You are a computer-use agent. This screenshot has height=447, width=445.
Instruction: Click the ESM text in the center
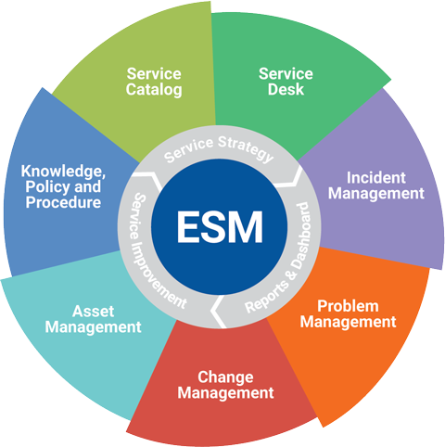coord(220,227)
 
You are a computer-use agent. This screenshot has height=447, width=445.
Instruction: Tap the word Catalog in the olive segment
coord(154,90)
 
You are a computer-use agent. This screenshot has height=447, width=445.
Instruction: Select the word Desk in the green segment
coord(286,89)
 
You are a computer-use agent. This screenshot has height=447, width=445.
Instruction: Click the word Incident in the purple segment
coord(375,178)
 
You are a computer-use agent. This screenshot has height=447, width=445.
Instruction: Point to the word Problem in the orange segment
coord(348,306)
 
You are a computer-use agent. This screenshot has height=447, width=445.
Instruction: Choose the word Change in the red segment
coord(225,377)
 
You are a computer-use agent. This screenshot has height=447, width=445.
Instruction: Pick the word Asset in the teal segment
coord(94,311)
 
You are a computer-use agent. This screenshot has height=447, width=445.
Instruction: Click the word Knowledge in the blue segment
coord(63,172)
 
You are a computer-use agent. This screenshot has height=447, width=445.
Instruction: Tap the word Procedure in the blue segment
coord(63,202)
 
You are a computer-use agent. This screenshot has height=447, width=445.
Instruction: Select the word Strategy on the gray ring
coord(247,148)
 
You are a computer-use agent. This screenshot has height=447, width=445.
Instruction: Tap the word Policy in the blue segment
coord(48,187)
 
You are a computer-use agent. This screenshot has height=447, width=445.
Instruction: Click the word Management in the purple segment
coord(376,194)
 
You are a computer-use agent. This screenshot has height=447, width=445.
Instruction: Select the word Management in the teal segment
coord(94,327)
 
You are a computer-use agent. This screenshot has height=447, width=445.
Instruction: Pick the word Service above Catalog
coord(154,74)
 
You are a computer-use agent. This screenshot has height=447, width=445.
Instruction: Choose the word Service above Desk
coord(286,74)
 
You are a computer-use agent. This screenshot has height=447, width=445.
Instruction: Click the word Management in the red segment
coord(225,393)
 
